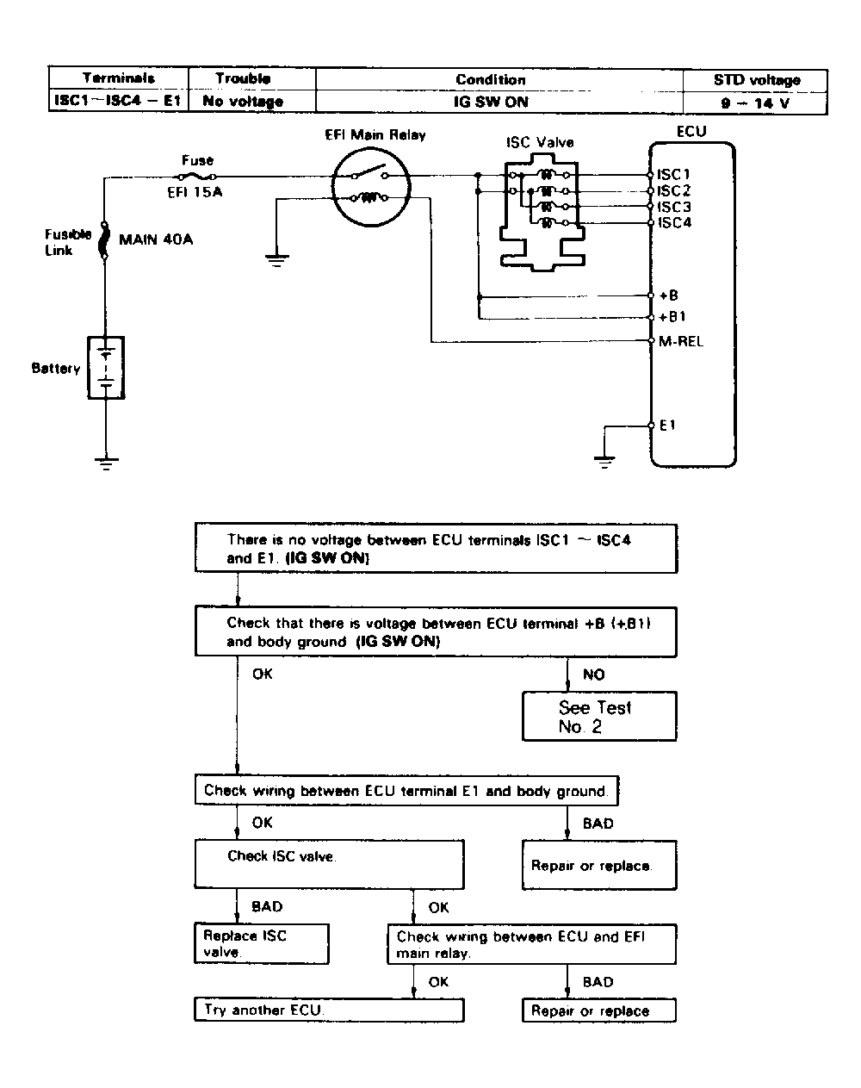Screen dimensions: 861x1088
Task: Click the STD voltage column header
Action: click(757, 80)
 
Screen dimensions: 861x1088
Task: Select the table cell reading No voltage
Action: click(243, 101)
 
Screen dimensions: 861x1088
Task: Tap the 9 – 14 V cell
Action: click(755, 103)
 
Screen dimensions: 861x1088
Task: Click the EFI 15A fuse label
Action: click(195, 192)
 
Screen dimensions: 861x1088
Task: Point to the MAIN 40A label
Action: click(156, 239)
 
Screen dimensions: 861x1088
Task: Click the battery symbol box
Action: click(106, 368)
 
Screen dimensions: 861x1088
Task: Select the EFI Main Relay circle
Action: click(371, 187)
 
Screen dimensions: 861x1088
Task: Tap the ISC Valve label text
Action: click(540, 142)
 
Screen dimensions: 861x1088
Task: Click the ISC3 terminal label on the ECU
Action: click(674, 207)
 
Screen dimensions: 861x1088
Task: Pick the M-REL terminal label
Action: click(680, 341)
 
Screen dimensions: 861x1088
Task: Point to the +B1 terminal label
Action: click(672, 317)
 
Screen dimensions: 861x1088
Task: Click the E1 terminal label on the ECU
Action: click(667, 426)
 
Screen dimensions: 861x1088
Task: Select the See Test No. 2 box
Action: click(599, 717)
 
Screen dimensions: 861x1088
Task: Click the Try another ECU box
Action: click(329, 1010)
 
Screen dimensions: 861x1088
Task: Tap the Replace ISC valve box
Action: click(262, 943)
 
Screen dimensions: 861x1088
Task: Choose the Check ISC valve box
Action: click(329, 864)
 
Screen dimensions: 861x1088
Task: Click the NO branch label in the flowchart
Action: click(594, 675)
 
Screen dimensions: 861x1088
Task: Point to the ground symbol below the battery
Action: click(106, 463)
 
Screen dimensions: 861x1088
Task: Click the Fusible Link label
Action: click(68, 242)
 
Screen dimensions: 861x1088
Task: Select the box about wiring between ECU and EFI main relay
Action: click(531, 944)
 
